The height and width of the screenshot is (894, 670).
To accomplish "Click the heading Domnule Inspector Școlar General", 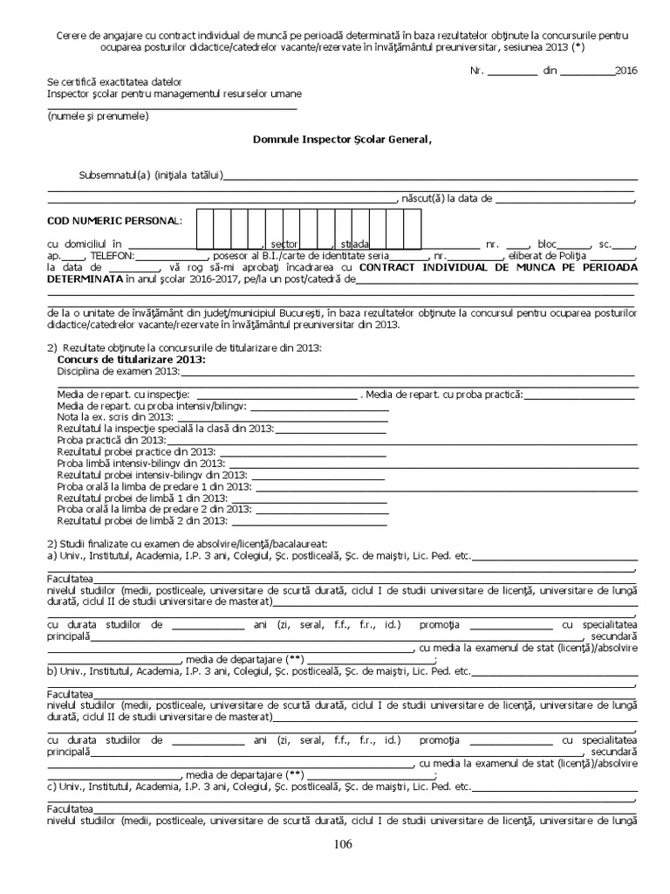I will click(342, 139).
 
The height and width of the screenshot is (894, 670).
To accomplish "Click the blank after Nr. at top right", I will click(513, 71).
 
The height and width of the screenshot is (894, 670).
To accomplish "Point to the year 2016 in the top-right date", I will click(626, 70).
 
